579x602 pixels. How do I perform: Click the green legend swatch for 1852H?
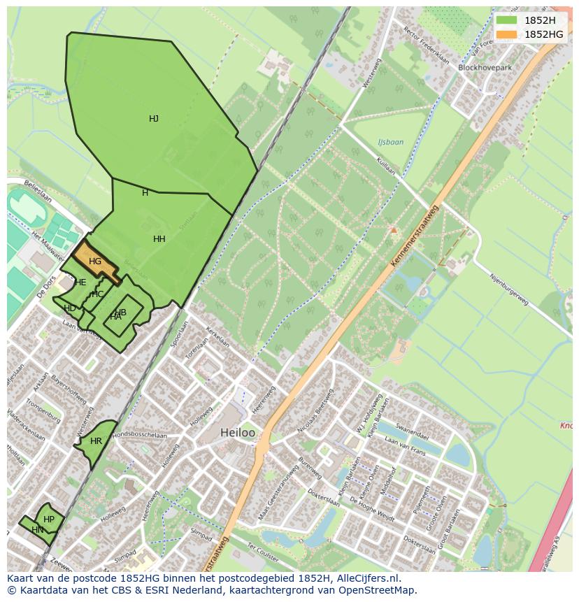(506, 20)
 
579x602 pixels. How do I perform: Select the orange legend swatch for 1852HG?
(506, 34)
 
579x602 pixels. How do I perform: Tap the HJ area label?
(154, 119)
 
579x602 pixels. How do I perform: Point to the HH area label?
(159, 239)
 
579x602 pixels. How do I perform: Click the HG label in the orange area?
(95, 261)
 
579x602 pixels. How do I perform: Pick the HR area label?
(96, 441)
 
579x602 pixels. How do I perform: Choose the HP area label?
(49, 519)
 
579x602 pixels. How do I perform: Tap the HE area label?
(80, 282)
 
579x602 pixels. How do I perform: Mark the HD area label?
(70, 308)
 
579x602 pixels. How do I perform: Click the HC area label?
(98, 294)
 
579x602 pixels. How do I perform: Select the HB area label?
(121, 312)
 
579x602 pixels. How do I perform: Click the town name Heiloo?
(238, 433)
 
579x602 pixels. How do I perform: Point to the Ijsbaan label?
(390, 142)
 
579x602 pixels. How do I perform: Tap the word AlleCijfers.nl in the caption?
(366, 578)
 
